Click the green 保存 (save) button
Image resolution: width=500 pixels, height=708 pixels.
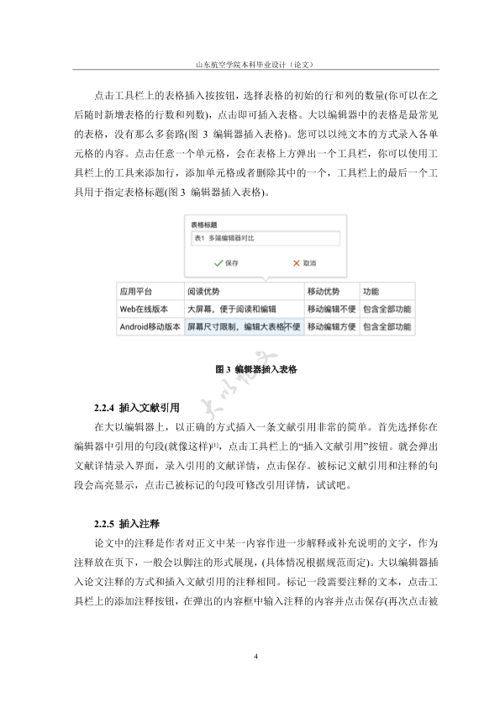click(x=226, y=263)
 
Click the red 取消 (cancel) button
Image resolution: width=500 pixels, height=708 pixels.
click(x=303, y=263)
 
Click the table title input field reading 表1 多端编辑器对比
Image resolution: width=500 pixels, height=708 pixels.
click(x=265, y=239)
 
